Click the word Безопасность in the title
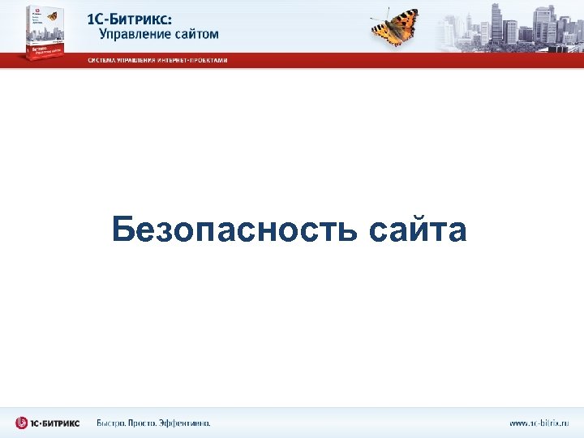(234, 230)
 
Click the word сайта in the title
(418, 230)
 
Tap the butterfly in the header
(395, 25)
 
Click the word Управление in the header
(135, 35)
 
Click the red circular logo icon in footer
(22, 423)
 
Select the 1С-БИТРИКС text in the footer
(56, 423)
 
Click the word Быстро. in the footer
(114, 423)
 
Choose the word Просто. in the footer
(149, 423)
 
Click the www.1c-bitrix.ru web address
(539, 423)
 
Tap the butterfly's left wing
(381, 29)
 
